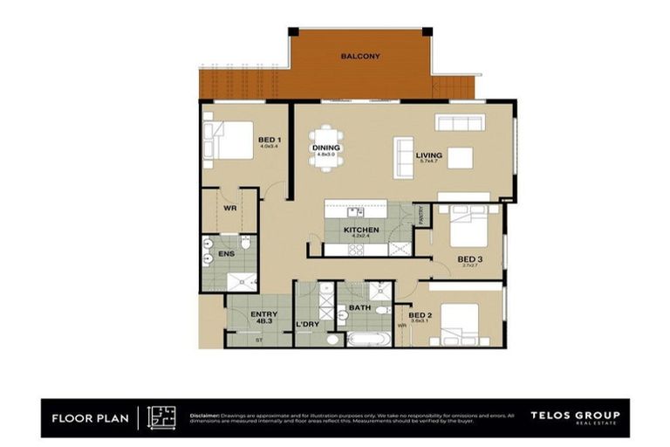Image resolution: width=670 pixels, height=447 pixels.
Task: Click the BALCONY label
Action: pyautogui.click(x=359, y=56)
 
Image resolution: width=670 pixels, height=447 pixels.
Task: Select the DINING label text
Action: pyautogui.click(x=325, y=148)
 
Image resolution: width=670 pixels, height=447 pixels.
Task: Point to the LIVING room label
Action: pyautogui.click(x=429, y=156)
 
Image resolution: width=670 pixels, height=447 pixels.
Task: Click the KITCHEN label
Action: pyautogui.click(x=359, y=230)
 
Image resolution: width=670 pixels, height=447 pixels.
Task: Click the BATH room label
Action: pyautogui.click(x=360, y=308)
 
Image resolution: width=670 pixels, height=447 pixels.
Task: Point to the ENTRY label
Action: pyautogui.click(x=263, y=314)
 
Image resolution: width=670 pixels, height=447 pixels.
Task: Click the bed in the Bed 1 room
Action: pyautogui.click(x=229, y=140)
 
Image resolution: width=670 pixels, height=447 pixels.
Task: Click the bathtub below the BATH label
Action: pyautogui.click(x=370, y=338)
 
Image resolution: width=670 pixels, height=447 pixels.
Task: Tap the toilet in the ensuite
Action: pyautogui.click(x=247, y=244)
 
